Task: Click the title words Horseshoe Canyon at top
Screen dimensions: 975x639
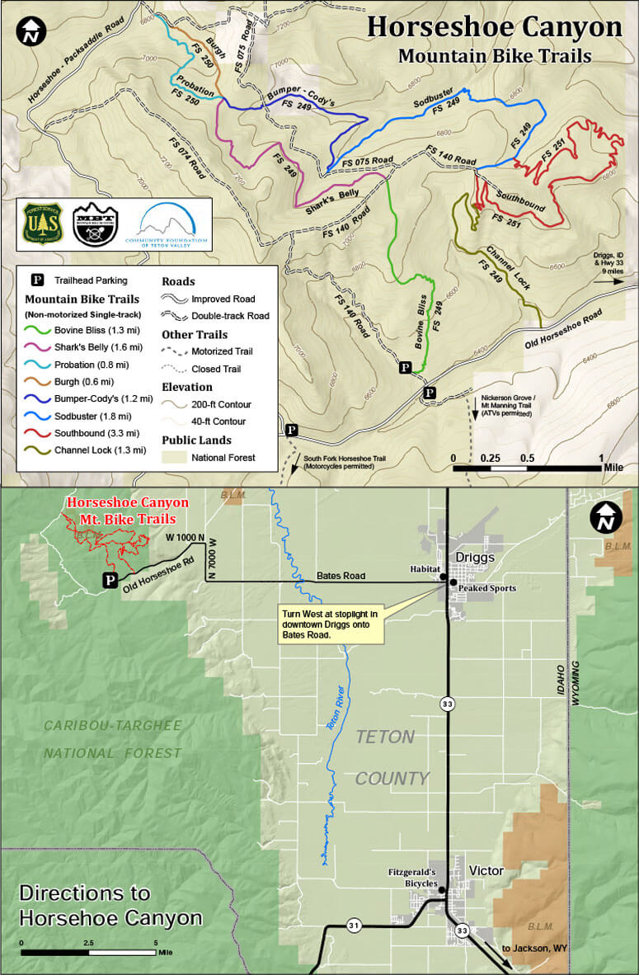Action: click(x=494, y=26)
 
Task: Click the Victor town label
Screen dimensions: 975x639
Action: click(x=486, y=871)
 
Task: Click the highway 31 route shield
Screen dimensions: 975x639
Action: click(x=352, y=923)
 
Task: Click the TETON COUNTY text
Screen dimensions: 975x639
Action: click(x=392, y=757)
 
